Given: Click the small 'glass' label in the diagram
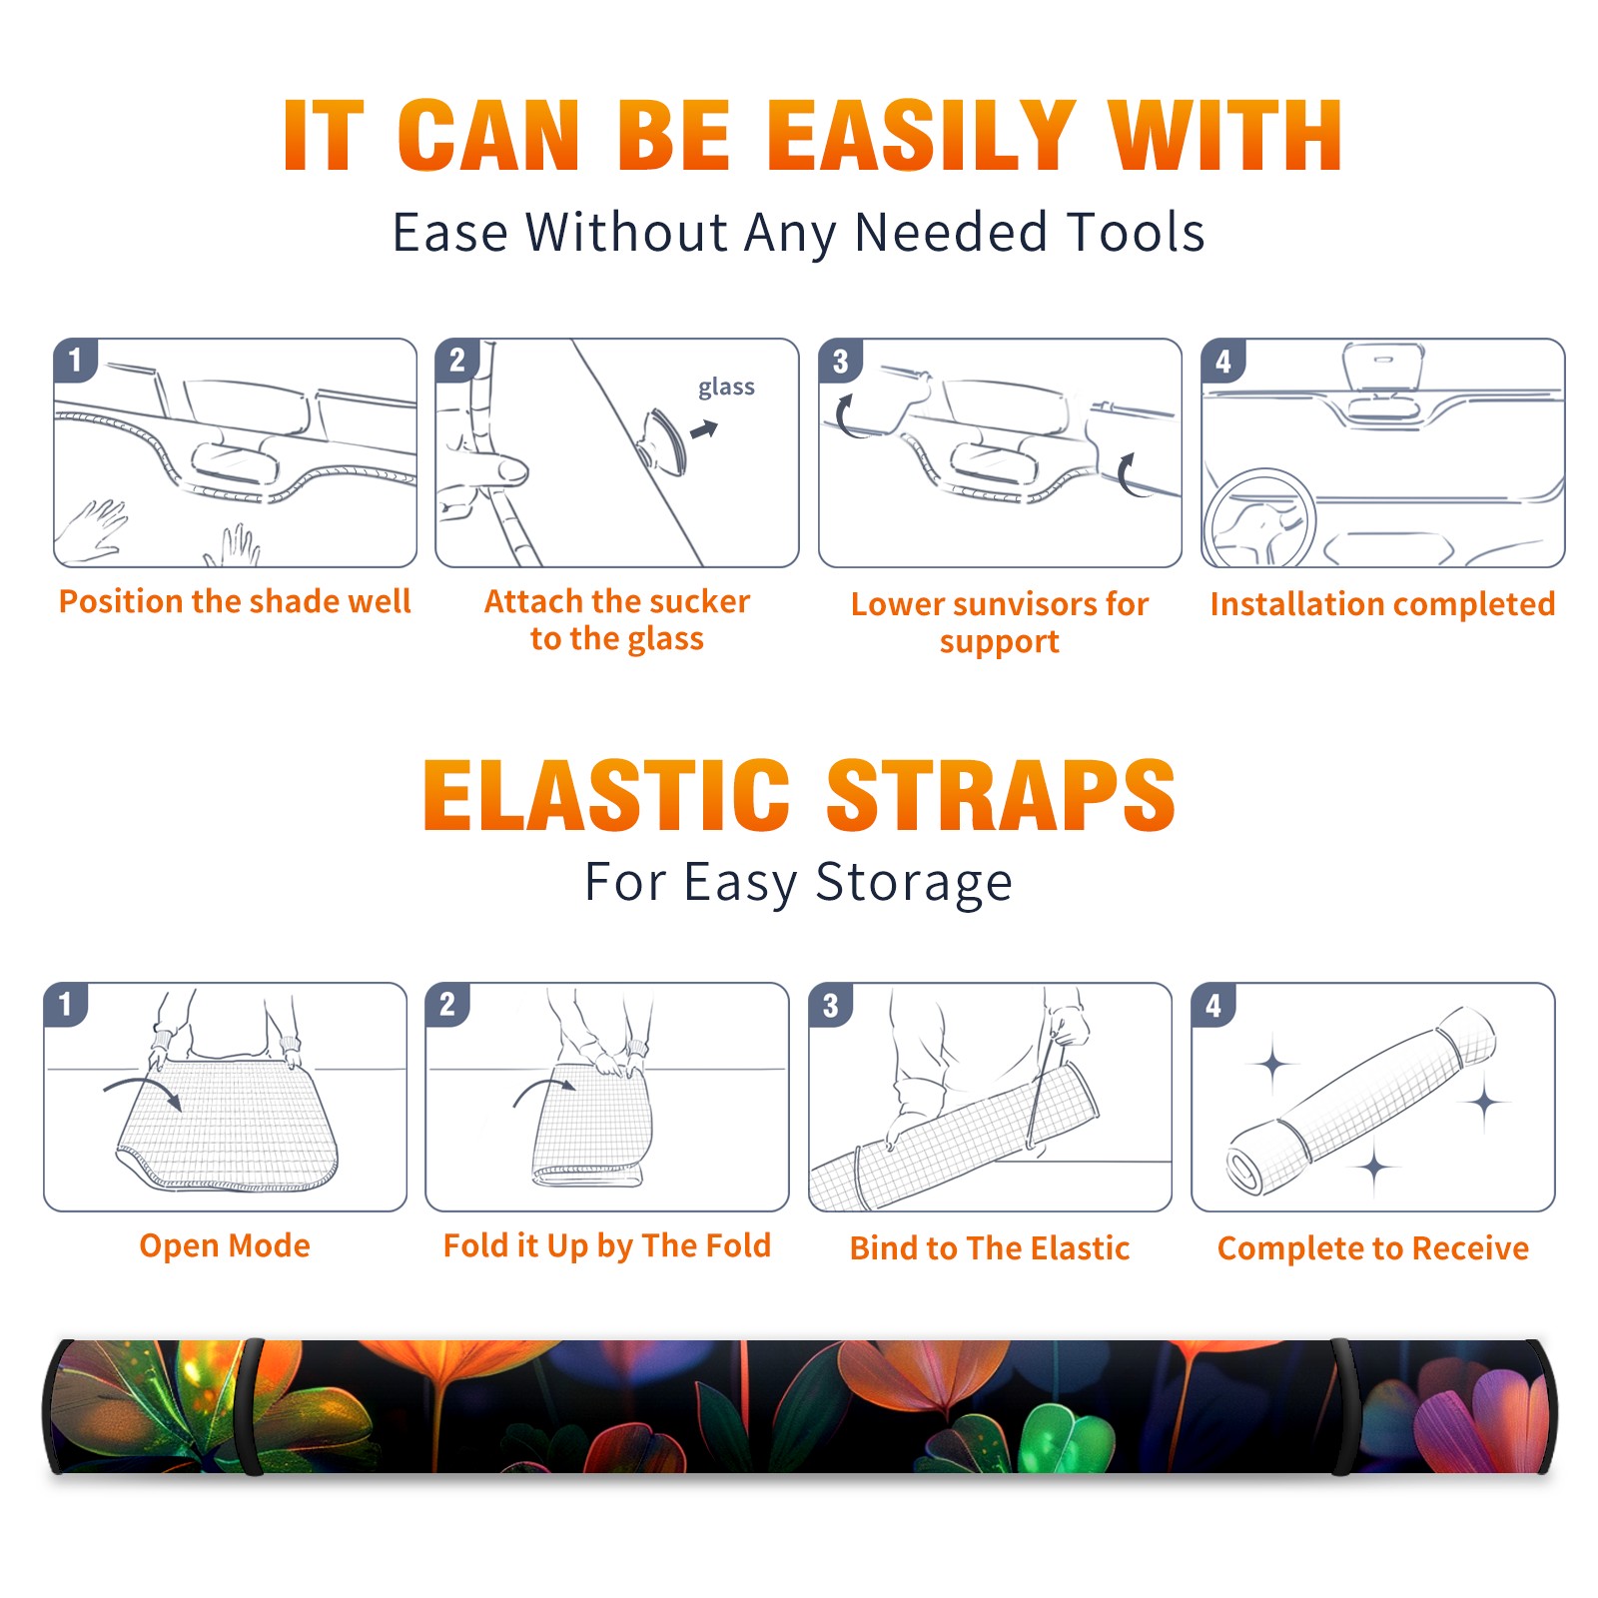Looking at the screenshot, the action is (x=726, y=388).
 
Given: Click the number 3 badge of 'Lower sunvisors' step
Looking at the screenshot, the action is (x=840, y=361).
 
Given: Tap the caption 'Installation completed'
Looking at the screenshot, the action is (x=1382, y=603).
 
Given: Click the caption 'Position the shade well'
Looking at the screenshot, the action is (x=235, y=601).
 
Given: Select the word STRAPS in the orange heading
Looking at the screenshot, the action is (x=1001, y=795).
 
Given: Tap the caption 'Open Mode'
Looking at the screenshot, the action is (x=225, y=1245).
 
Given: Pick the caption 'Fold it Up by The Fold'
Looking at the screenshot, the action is (x=607, y=1245).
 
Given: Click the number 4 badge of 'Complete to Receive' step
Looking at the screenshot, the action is (x=1213, y=1005).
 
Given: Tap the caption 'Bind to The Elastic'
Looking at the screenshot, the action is (x=990, y=1248).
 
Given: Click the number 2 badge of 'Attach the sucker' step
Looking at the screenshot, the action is (x=457, y=361).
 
